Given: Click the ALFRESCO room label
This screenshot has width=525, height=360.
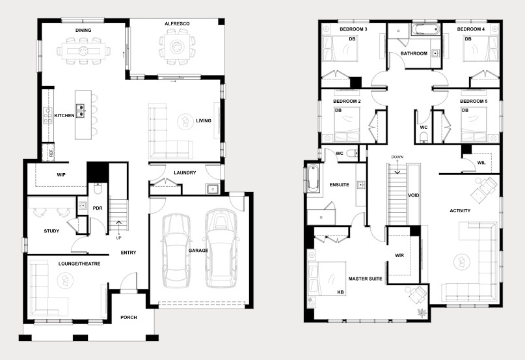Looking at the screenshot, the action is (177, 24).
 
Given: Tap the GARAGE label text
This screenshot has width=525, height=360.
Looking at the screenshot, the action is (198, 251).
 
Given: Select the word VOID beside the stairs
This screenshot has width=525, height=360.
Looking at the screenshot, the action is (414, 195).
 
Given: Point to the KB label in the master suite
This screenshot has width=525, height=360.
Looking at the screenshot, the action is (340, 292).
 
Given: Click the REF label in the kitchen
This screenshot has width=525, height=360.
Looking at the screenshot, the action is (51, 154).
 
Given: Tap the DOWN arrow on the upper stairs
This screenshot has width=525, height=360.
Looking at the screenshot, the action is (397, 169).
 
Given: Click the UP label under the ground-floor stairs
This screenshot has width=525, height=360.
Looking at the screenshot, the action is (118, 238).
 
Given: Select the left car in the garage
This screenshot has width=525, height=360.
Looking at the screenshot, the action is (176, 251).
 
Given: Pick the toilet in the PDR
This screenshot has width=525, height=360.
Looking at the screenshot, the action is (97, 189).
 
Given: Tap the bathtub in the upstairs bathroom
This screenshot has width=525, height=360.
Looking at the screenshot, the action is (425, 29).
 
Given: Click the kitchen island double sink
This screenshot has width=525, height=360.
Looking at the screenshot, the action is (81, 111).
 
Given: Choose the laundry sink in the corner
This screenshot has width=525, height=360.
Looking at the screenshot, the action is (213, 189).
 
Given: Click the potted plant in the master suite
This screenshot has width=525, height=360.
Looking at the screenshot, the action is (422, 313).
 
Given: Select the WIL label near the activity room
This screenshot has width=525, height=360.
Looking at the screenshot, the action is (481, 163).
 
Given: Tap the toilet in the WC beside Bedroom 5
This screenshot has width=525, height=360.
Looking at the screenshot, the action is (424, 137).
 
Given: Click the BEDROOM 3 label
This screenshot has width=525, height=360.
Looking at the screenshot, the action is (353, 29).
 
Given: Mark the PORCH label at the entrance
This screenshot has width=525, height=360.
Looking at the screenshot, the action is (129, 318).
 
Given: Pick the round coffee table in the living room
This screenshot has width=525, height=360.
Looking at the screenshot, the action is (185, 121).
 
